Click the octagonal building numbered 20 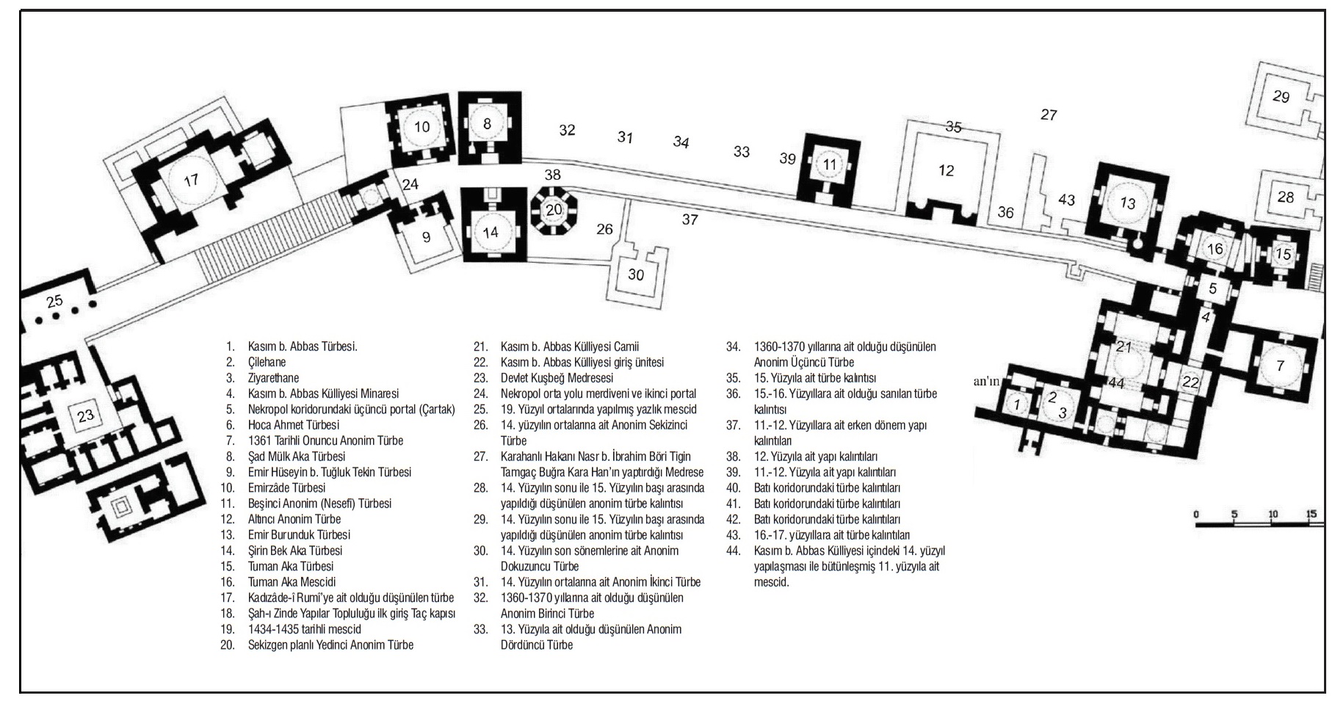[554, 210]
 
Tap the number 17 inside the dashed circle [191, 180]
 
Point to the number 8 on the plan [487, 124]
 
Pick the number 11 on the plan [830, 164]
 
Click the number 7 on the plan [1281, 365]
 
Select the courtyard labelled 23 [84, 415]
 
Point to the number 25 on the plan [54, 301]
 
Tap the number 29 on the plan [1281, 96]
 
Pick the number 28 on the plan [1285, 197]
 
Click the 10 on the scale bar [1273, 515]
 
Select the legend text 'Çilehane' [267, 362]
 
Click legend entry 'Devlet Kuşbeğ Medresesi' [557, 378]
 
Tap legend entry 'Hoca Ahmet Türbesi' [294, 425]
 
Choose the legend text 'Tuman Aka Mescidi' [292, 582]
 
